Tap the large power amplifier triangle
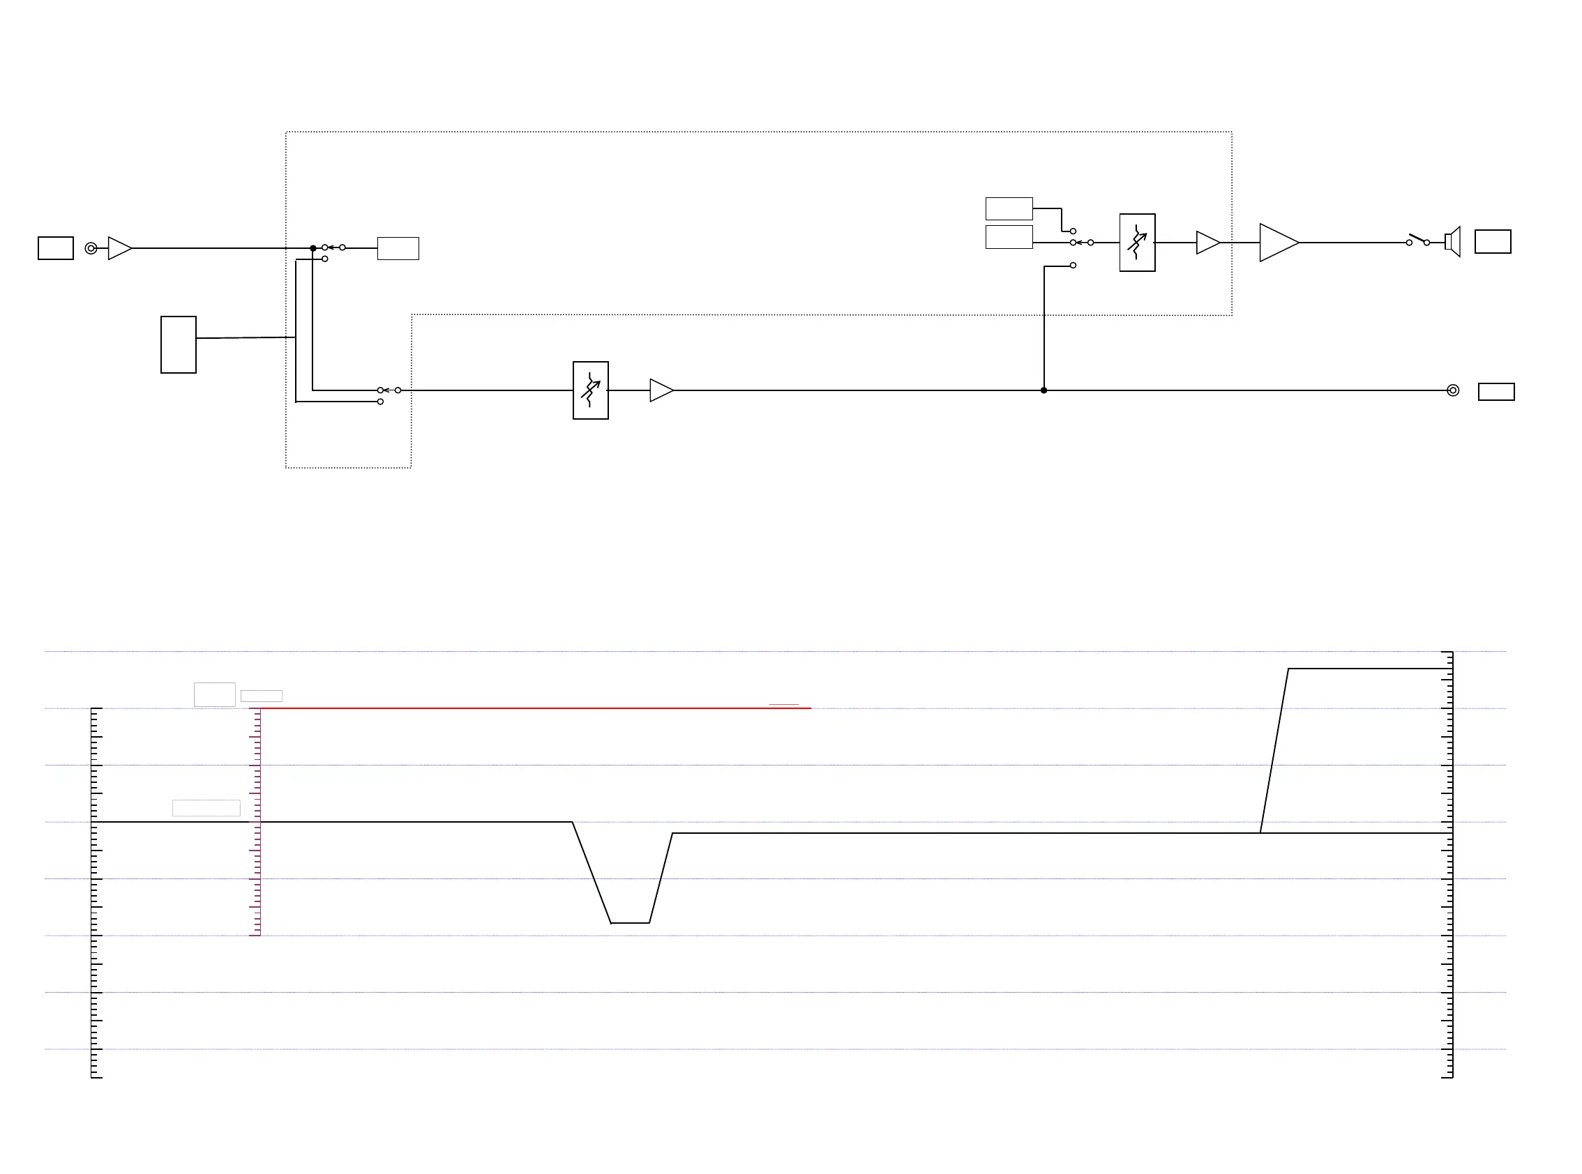coord(1277,243)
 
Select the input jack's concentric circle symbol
coord(91,248)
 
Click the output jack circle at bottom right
coord(1452,390)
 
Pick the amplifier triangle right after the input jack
coord(119,248)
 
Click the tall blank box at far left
coord(179,344)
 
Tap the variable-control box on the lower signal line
coord(590,390)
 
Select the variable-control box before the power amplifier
coord(1137,243)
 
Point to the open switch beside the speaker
coord(1418,240)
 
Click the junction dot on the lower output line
coord(1044,390)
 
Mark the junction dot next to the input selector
coord(313,248)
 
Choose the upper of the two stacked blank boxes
coord(1009,209)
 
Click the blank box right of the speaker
coord(1493,242)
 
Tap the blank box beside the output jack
coord(1496,392)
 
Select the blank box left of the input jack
coord(56,248)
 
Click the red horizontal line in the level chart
coord(533,708)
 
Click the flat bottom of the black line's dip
coord(630,923)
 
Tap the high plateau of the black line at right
coord(1369,669)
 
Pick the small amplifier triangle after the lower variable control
coord(661,390)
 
